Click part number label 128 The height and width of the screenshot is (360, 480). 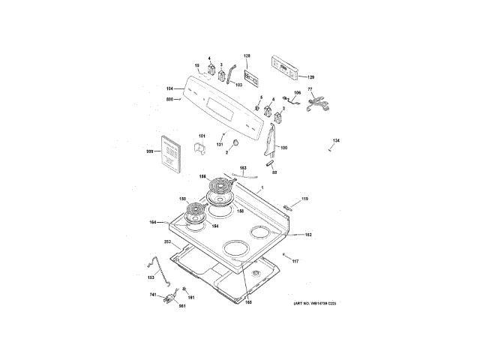[247, 56]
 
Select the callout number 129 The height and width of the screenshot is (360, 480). [311, 77]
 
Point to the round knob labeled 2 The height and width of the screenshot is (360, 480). [235, 142]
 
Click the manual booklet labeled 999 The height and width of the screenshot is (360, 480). [169, 155]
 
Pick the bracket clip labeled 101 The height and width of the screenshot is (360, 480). [201, 146]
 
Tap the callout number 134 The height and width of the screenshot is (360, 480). [337, 141]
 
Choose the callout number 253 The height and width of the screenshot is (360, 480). [167, 242]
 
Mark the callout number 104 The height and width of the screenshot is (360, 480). [169, 88]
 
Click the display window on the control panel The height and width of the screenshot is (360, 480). [225, 109]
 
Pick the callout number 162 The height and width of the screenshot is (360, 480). [308, 235]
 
